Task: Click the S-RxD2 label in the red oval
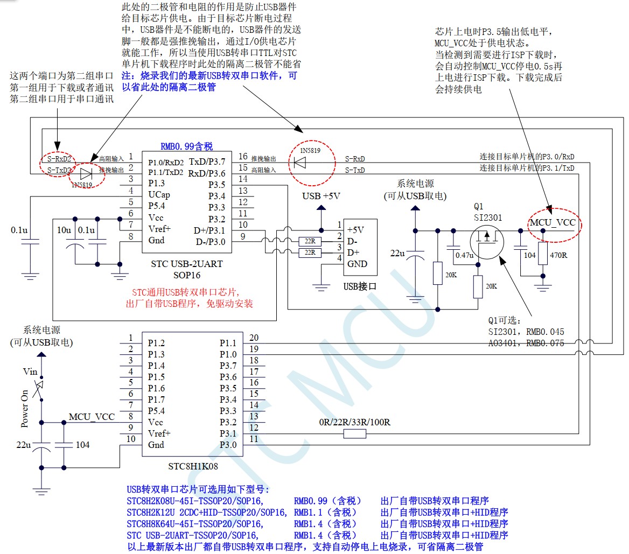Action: click(x=58, y=158)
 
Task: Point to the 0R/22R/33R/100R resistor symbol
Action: click(x=354, y=433)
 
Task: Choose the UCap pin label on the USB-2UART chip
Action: click(x=159, y=194)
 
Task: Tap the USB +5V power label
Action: click(x=321, y=196)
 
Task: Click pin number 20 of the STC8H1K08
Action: click(x=253, y=338)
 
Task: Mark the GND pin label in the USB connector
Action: click(x=357, y=264)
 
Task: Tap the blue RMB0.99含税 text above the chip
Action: click(x=186, y=146)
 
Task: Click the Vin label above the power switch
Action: click(x=30, y=371)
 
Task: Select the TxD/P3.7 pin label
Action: click(x=207, y=162)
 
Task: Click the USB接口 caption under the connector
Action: click(x=359, y=286)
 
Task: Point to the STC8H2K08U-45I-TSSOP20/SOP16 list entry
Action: click(x=195, y=501)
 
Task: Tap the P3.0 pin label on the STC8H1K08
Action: click(x=227, y=445)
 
